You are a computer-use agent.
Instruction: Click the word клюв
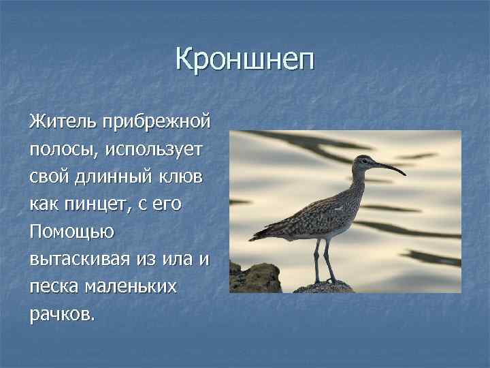tap(187, 177)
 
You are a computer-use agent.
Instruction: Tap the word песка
tap(53, 286)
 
